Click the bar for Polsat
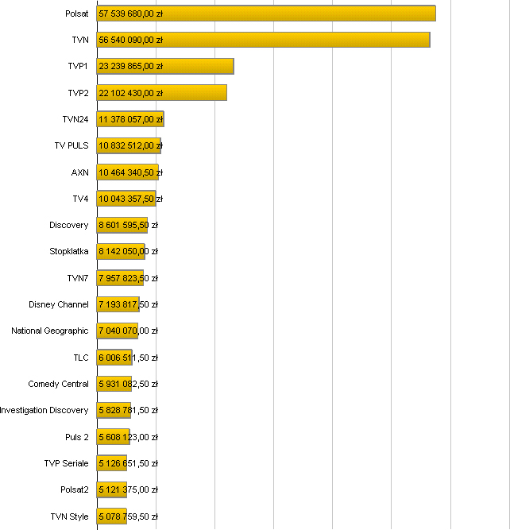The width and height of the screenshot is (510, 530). pyautogui.click(x=266, y=14)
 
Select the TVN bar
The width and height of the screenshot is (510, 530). pyautogui.click(x=263, y=40)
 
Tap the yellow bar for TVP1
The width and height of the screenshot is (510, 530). pyautogui.click(x=165, y=66)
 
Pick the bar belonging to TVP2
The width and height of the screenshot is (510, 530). pyautogui.click(x=161, y=93)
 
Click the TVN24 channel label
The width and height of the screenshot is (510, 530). pyautogui.click(x=75, y=119)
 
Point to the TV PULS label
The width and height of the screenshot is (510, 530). pyautogui.click(x=71, y=145)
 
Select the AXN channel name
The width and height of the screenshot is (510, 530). pyautogui.click(x=80, y=172)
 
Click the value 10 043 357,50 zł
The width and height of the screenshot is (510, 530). pyautogui.click(x=130, y=199)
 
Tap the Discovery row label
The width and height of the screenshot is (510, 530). pyautogui.click(x=69, y=225)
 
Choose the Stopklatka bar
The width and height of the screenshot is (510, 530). pyautogui.click(x=121, y=251)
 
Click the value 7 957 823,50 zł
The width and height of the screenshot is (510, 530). pyautogui.click(x=128, y=278)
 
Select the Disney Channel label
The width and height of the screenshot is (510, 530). pyautogui.click(x=59, y=304)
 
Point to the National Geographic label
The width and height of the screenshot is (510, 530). pyautogui.click(x=50, y=331)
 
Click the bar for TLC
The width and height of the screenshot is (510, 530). pyautogui.click(x=114, y=358)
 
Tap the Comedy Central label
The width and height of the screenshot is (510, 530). pyautogui.click(x=59, y=384)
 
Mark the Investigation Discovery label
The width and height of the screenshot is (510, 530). pyautogui.click(x=44, y=410)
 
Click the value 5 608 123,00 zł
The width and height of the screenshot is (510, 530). pyautogui.click(x=128, y=437)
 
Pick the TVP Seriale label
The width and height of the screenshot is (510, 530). pyautogui.click(x=67, y=463)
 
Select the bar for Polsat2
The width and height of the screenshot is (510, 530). pyautogui.click(x=112, y=489)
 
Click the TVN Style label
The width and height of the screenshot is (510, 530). pyautogui.click(x=70, y=516)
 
